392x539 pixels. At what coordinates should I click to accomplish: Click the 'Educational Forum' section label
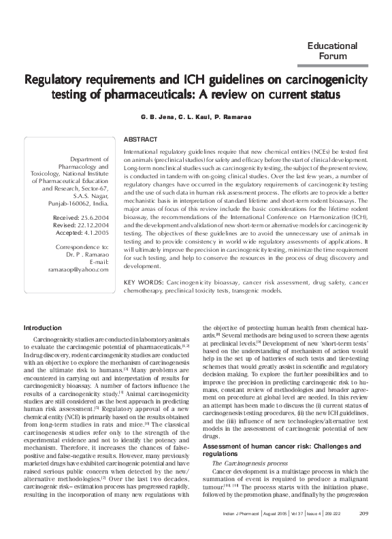pyautogui.click(x=333, y=50)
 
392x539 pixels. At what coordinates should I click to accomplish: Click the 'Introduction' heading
pyautogui.click(x=42, y=327)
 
